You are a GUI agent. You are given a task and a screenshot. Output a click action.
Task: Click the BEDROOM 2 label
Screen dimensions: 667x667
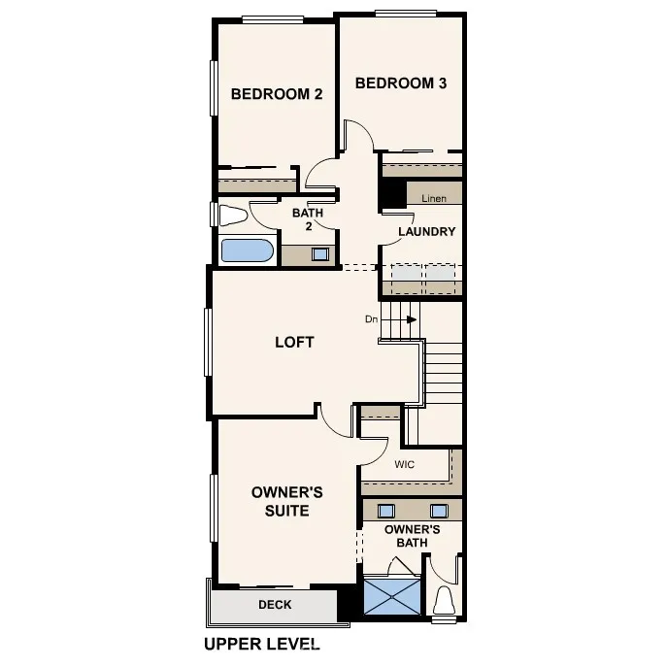click(x=277, y=94)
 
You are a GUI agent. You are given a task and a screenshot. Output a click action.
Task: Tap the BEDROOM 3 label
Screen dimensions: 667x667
click(x=401, y=83)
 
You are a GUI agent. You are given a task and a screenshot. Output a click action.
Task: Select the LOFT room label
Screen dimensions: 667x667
click(x=294, y=342)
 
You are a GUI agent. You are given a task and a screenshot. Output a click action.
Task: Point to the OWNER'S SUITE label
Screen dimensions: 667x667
click(x=287, y=501)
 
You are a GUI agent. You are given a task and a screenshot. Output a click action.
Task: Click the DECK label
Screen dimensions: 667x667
click(x=275, y=605)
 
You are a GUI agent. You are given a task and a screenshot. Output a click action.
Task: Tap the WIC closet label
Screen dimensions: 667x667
click(x=405, y=465)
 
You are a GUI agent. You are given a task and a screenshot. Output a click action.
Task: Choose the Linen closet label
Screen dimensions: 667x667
click(x=434, y=198)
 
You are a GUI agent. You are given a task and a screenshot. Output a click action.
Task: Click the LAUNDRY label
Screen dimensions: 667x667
click(x=427, y=232)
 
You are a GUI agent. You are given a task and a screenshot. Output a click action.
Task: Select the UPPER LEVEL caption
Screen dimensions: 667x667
click(x=261, y=644)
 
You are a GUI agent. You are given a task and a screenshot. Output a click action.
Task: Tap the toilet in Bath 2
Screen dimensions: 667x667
click(x=233, y=215)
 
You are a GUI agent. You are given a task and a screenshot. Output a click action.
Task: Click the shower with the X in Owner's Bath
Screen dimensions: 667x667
click(x=392, y=595)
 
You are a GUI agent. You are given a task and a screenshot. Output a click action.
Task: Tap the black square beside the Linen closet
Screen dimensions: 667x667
click(x=392, y=194)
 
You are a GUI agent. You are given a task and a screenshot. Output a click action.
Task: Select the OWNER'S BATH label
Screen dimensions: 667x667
click(x=412, y=536)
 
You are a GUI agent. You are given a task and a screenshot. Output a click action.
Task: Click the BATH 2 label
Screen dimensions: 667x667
click(x=309, y=218)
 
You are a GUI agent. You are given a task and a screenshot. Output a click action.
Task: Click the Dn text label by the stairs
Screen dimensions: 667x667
click(x=371, y=318)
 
